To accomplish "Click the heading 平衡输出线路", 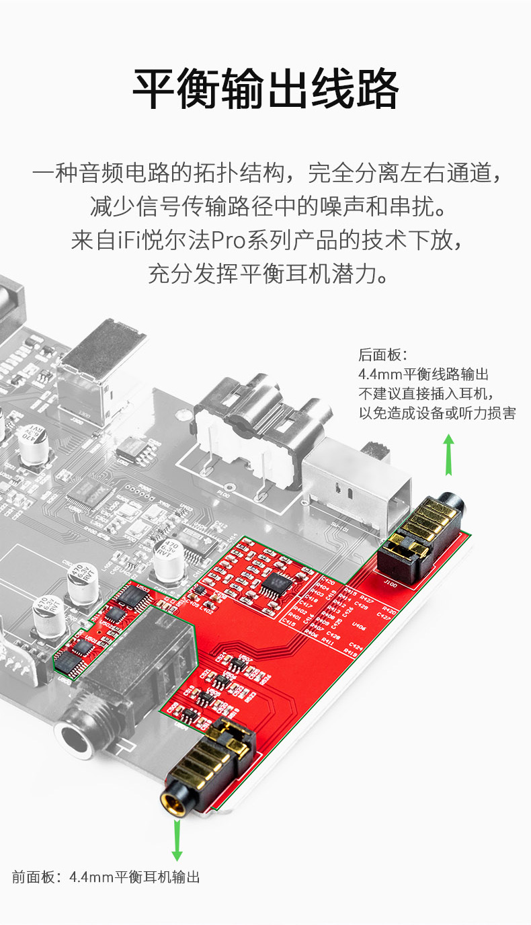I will click(265, 89).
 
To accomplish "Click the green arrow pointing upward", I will click(448, 454).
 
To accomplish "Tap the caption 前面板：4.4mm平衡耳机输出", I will click(106, 877).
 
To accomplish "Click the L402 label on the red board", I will click(206, 610).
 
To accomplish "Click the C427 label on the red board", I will click(384, 615).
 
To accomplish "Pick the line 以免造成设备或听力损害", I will click(437, 413).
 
